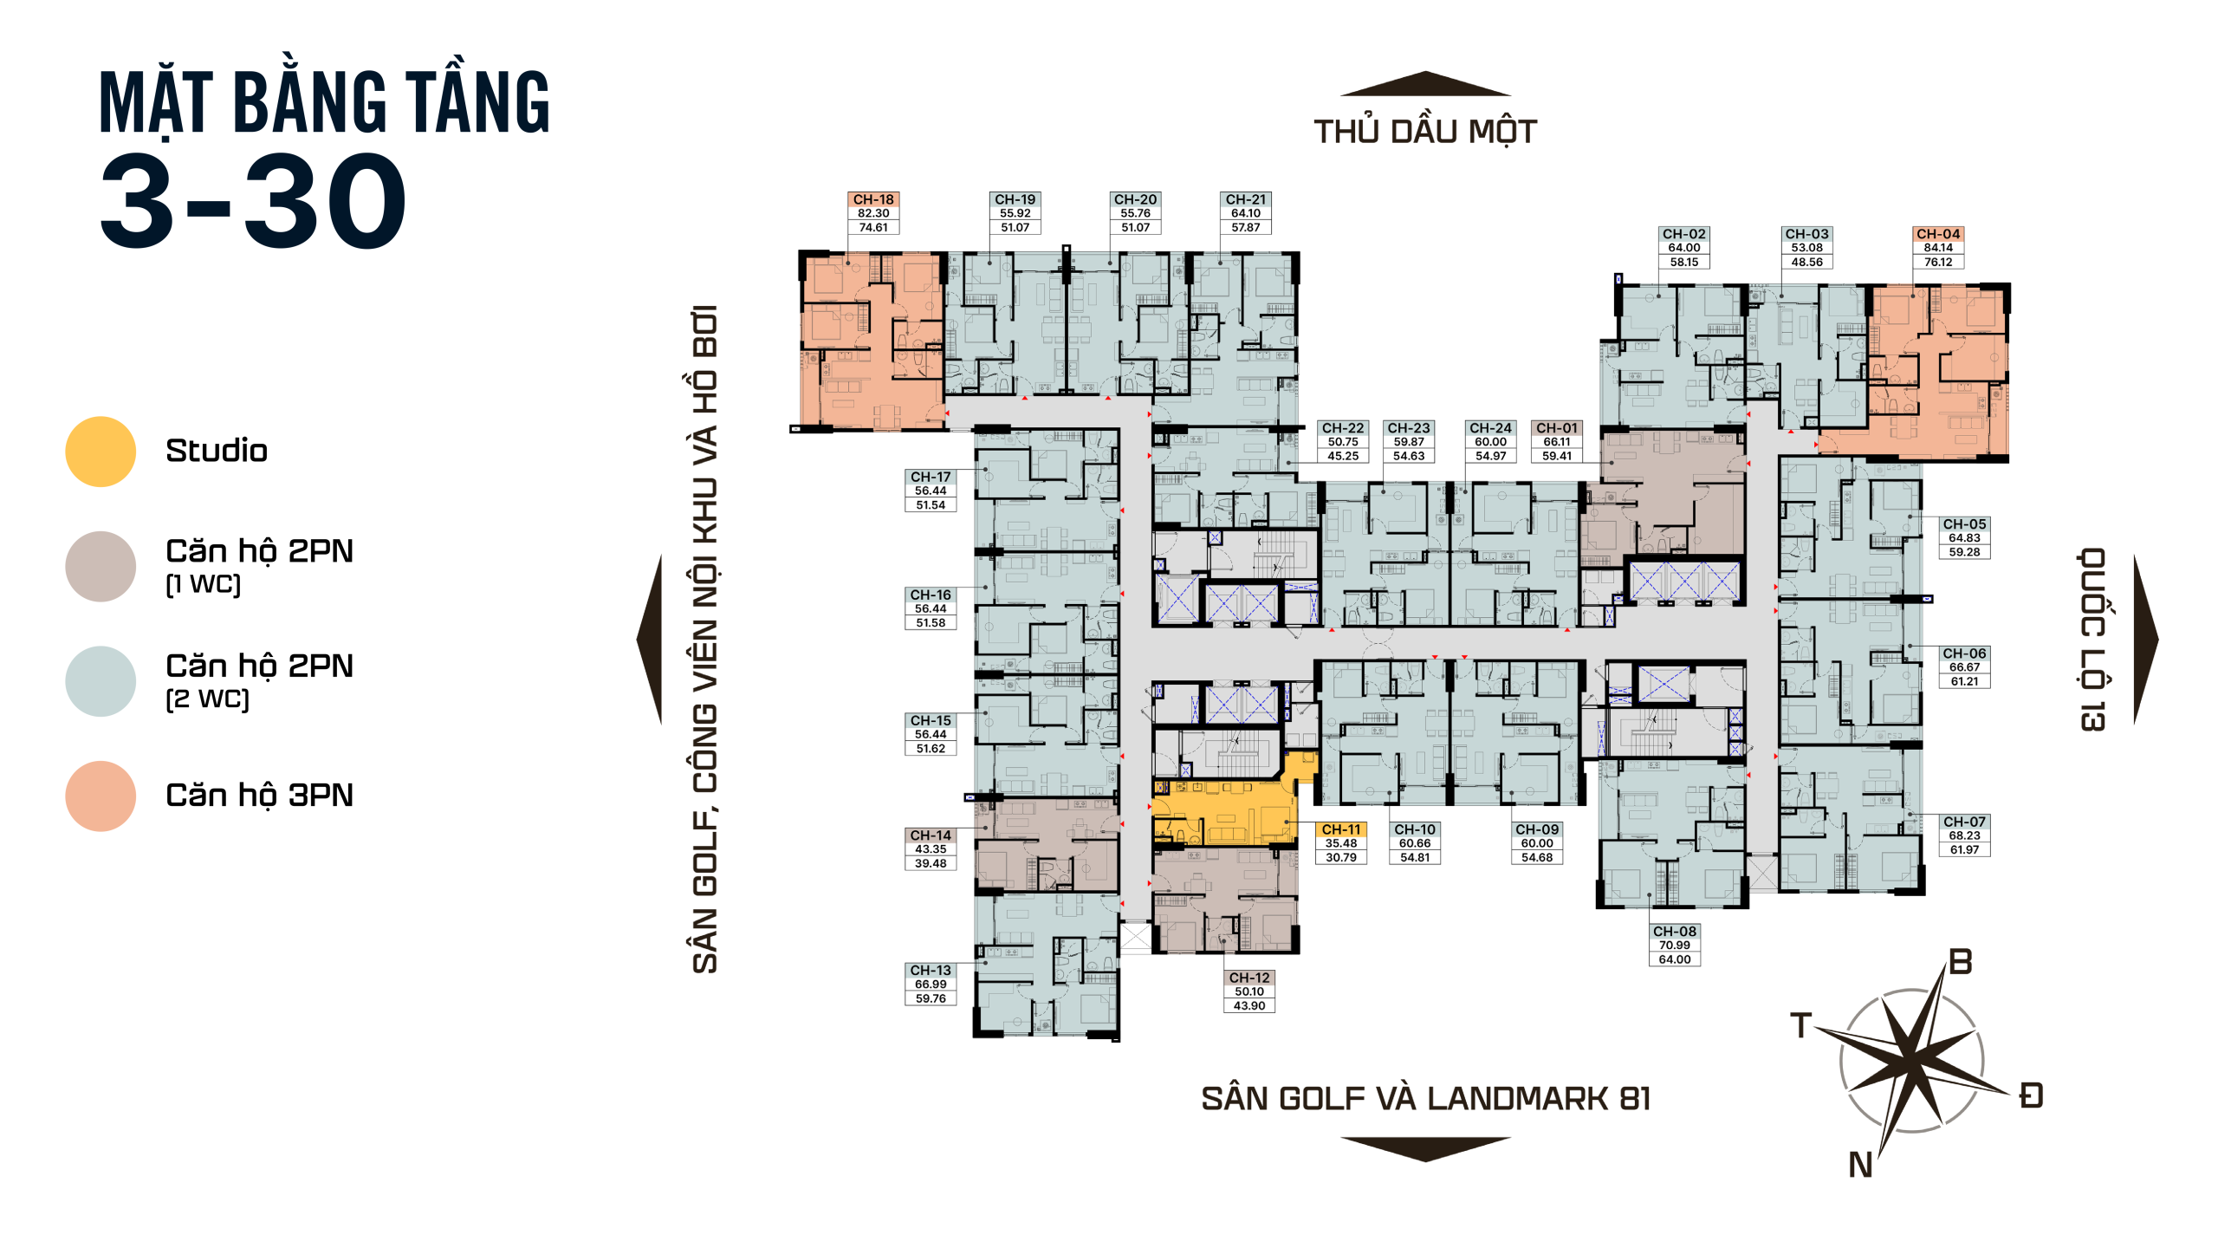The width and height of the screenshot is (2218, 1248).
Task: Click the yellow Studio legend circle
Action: click(x=101, y=452)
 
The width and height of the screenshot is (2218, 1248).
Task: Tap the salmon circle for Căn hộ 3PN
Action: click(x=101, y=796)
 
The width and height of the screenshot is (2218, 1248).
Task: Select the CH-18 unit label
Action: click(x=873, y=199)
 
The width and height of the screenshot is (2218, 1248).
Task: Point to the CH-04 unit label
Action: click(x=1938, y=234)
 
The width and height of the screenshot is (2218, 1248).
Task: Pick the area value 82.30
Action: click(x=873, y=213)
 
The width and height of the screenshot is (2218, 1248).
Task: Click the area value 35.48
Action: click(x=1341, y=843)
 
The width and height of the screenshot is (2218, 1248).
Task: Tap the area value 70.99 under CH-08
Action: click(x=1675, y=946)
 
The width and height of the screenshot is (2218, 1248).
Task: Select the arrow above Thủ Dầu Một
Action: click(x=1425, y=83)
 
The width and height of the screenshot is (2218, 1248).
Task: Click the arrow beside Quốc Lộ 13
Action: click(x=2145, y=640)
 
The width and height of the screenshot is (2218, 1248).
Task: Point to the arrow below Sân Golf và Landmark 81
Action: click(x=1425, y=1149)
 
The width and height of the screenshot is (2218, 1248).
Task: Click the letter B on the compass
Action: click(x=1961, y=962)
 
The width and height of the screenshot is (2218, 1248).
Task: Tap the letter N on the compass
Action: click(x=1860, y=1165)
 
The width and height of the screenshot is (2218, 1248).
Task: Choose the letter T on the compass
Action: click(x=1801, y=1025)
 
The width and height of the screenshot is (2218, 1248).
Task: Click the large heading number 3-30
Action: click(x=253, y=201)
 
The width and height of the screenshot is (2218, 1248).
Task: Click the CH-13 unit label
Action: click(x=931, y=971)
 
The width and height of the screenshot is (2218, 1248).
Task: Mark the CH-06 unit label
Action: click(x=1964, y=653)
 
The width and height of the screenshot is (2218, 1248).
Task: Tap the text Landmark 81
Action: click(x=1539, y=1099)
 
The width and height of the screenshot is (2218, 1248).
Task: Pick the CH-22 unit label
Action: click(x=1343, y=428)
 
